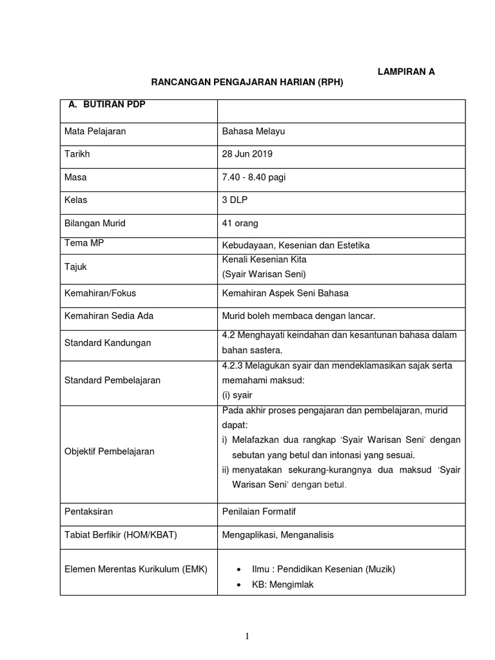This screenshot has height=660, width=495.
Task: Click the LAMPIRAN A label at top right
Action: [406, 72]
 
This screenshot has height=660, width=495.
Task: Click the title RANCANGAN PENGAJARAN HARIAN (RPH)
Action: [247, 83]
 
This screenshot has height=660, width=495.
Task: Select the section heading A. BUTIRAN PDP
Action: [107, 104]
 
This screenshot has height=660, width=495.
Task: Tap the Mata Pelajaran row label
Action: [95, 131]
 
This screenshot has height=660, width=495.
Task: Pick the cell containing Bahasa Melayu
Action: [253, 131]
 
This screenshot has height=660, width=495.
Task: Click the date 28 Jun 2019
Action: [247, 154]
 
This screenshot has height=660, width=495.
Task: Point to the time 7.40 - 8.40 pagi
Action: [253, 177]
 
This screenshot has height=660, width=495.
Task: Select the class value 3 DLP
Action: [235, 200]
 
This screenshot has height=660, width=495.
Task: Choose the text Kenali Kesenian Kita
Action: [264, 259]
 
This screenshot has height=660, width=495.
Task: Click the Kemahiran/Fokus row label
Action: [101, 293]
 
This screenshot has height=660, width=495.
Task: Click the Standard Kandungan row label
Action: [108, 343]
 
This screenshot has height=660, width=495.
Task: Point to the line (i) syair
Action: [237, 394]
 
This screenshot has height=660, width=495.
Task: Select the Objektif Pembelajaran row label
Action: [110, 451]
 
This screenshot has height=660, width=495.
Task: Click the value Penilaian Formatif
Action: [259, 511]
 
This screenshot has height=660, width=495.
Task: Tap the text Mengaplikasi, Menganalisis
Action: [278, 534]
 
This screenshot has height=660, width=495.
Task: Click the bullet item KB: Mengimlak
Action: [283, 585]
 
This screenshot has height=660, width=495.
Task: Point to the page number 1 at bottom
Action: [247, 637]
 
